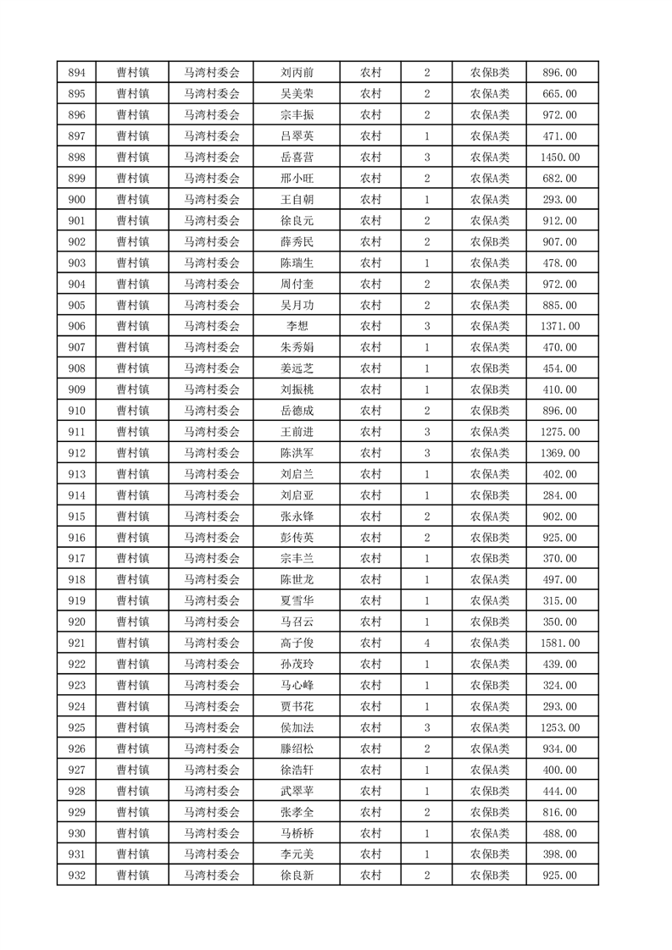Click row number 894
click(75, 73)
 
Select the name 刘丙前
click(297, 73)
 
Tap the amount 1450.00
click(559, 157)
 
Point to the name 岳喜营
click(297, 157)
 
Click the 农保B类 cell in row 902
click(490, 242)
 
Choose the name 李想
click(297, 327)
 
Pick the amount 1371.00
click(559, 327)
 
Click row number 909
click(75, 389)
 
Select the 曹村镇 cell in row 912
click(133, 453)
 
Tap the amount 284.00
click(559, 495)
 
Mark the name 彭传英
click(297, 538)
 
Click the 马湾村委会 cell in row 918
click(212, 580)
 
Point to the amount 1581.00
click(559, 643)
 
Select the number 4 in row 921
click(426, 643)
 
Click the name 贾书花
click(297, 707)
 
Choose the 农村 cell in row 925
click(370, 728)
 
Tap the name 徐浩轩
click(297, 770)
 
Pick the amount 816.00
click(559, 813)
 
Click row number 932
click(75, 875)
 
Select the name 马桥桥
click(297, 833)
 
